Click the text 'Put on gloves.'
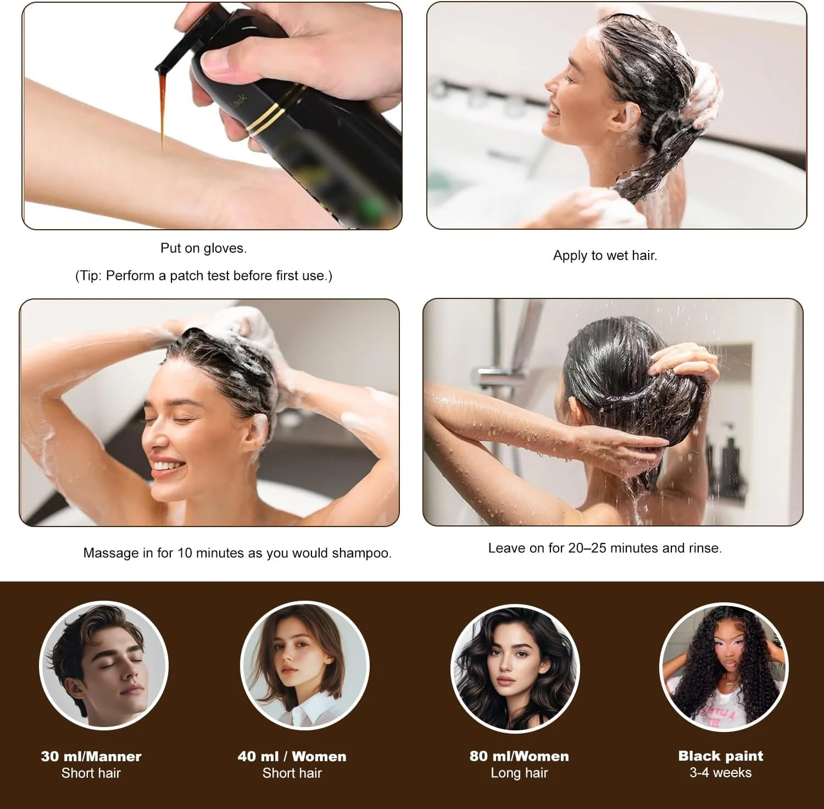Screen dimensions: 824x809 pyautogui.click(x=203, y=248)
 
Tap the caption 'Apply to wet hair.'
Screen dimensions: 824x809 pyautogui.click(x=605, y=256)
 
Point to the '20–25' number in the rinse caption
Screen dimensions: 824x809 pyautogui.click(x=587, y=548)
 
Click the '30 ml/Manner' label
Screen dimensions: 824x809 pyautogui.click(x=91, y=756)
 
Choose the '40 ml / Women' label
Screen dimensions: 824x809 pyautogui.click(x=292, y=756)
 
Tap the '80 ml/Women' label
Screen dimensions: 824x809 pyautogui.click(x=519, y=756)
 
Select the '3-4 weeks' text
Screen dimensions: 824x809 pyautogui.click(x=721, y=773)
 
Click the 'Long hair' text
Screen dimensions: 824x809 pyautogui.click(x=519, y=773)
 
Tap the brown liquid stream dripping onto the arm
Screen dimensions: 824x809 pyautogui.click(x=163, y=110)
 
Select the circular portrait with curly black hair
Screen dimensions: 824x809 pyautogui.click(x=723, y=667)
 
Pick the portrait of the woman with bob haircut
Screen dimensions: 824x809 pyautogui.click(x=305, y=667)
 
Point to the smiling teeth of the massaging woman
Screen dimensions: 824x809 pyautogui.click(x=167, y=467)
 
